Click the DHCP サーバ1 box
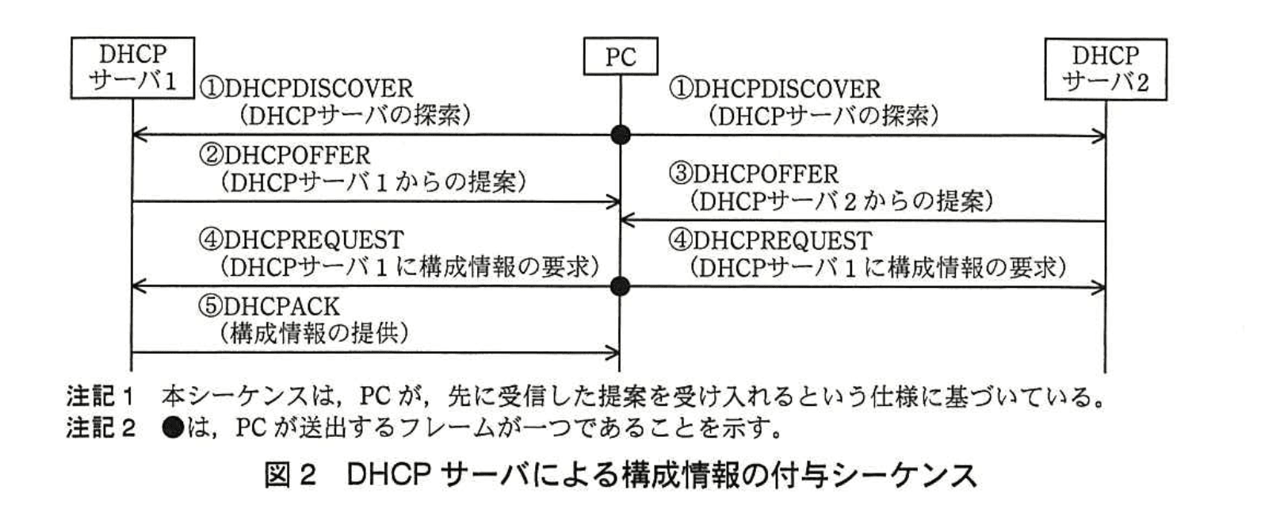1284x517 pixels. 132,67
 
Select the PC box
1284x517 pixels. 620,56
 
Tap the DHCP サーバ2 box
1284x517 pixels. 1105,69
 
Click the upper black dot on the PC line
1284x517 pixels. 621,135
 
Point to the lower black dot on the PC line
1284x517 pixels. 621,286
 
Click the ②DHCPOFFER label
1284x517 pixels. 285,155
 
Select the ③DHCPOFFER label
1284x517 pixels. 753,174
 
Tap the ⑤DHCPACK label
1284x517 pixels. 269,306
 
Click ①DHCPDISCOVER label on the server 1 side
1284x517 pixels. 306,88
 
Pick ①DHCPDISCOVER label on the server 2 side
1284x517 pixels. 774,88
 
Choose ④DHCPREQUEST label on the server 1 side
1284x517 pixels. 301,239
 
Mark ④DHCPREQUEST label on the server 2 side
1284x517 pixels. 770,239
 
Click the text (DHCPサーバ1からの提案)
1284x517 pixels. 373,182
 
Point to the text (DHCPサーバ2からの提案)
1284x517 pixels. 841,201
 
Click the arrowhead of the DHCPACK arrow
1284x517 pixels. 613,352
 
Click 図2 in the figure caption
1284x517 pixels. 290,476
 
